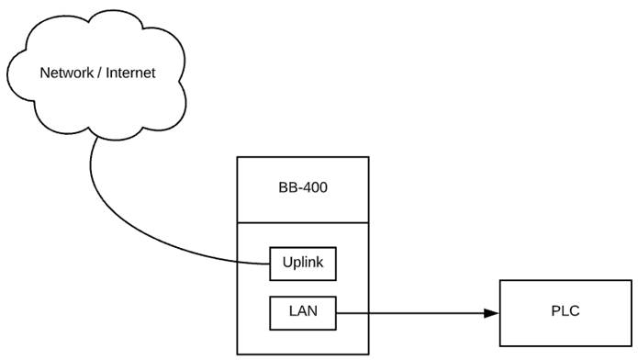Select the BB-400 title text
pos(302,188)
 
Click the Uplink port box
pos(303,264)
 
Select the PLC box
pos(564,310)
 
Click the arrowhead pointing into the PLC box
pos(491,314)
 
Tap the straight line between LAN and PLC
pos(413,314)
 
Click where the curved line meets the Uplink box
pos(270,264)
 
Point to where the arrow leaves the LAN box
pos(337,314)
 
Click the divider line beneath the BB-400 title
pos(302,222)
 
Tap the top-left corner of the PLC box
pos(499,280)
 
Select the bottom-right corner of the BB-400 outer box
pos(368,354)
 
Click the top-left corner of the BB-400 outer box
pos(237,157)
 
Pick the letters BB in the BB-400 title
pos(287,188)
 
